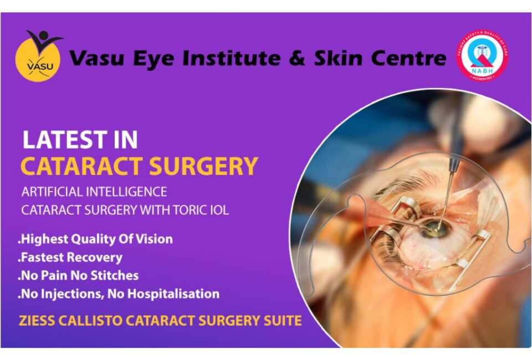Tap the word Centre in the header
[x=409, y=57]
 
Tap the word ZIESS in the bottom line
[x=39, y=320]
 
